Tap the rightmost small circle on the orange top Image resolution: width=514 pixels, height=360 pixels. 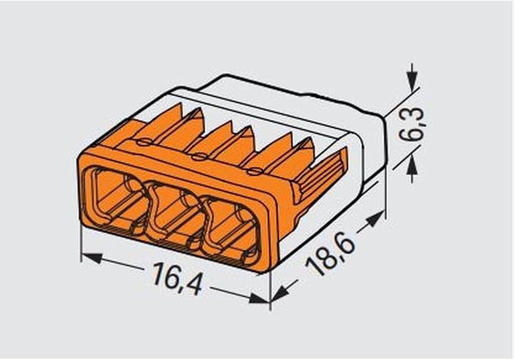[x=251, y=170]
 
